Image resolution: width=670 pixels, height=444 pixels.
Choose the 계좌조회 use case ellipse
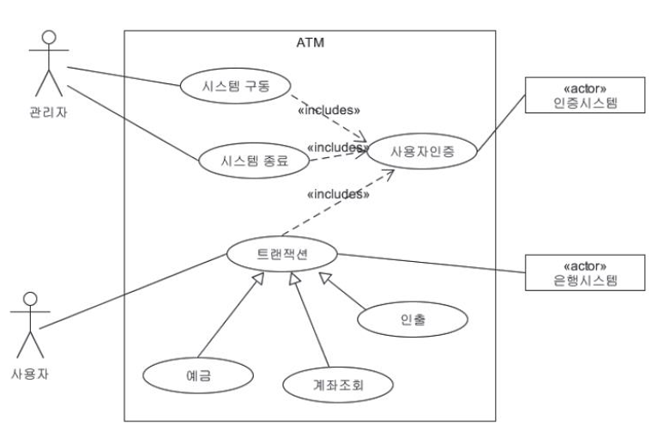(x=339, y=384)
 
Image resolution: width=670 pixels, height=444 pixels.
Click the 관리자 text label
(x=49, y=114)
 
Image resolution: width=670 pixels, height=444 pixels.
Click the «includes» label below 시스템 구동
(x=328, y=110)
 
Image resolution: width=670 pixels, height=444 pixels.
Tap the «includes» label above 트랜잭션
(x=337, y=194)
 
